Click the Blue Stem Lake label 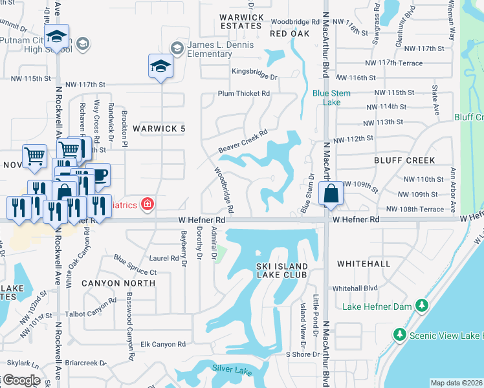pos(331,98)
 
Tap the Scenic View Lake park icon pos(399,335)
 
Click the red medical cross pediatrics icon pos(148,204)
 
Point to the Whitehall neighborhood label pos(363,264)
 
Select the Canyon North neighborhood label pos(118,283)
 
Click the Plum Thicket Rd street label pos(243,94)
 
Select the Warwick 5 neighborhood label pos(159,129)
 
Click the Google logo pos(21,381)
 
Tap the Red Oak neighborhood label pos(289,33)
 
